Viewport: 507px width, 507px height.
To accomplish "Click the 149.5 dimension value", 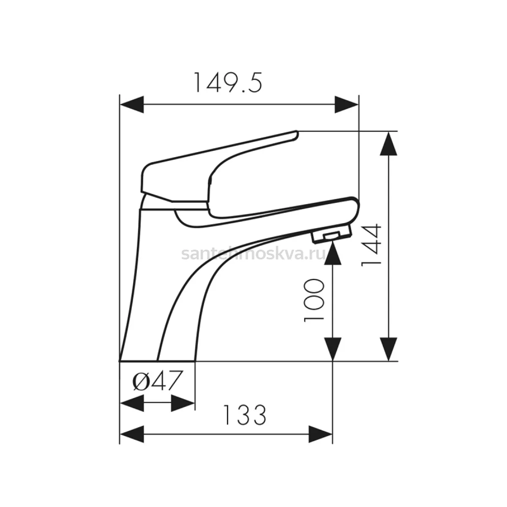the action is (228, 82).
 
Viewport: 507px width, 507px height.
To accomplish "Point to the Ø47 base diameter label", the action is (157, 380).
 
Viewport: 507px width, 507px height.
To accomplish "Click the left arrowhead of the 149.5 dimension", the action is (132, 104).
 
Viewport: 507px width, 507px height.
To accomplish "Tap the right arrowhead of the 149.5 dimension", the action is (346, 104).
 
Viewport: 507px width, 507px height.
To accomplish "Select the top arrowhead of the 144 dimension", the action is (389, 144).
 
